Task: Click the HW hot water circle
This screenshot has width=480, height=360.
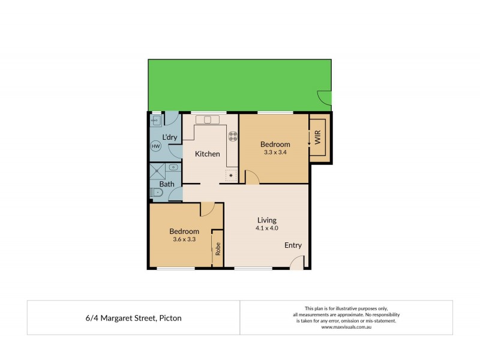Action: tap(155, 146)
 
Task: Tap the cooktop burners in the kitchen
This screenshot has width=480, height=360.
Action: tap(232, 136)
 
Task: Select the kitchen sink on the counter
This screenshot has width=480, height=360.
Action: tap(207, 119)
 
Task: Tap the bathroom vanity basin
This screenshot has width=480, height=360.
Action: tap(173, 167)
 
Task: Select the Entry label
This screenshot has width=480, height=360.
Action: tap(293, 245)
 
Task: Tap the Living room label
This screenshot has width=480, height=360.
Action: tap(267, 220)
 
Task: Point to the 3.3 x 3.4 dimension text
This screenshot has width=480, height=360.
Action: tap(275, 152)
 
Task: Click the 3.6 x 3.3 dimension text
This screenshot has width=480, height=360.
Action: tap(184, 240)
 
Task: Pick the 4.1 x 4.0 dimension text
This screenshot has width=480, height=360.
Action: tap(267, 228)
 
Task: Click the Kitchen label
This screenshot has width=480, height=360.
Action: tap(207, 154)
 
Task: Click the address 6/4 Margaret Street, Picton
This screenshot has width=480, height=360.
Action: tap(133, 318)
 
